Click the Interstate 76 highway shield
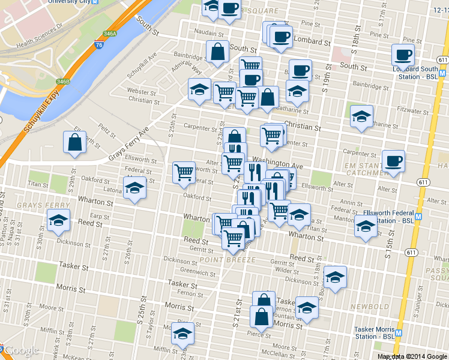(x=98, y=45)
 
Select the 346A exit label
(x=109, y=34)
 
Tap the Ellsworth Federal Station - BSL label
(x=388, y=217)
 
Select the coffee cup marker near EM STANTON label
(x=393, y=161)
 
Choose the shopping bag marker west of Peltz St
(x=75, y=142)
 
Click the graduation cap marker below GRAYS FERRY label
(x=58, y=220)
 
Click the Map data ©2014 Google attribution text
(x=412, y=356)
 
